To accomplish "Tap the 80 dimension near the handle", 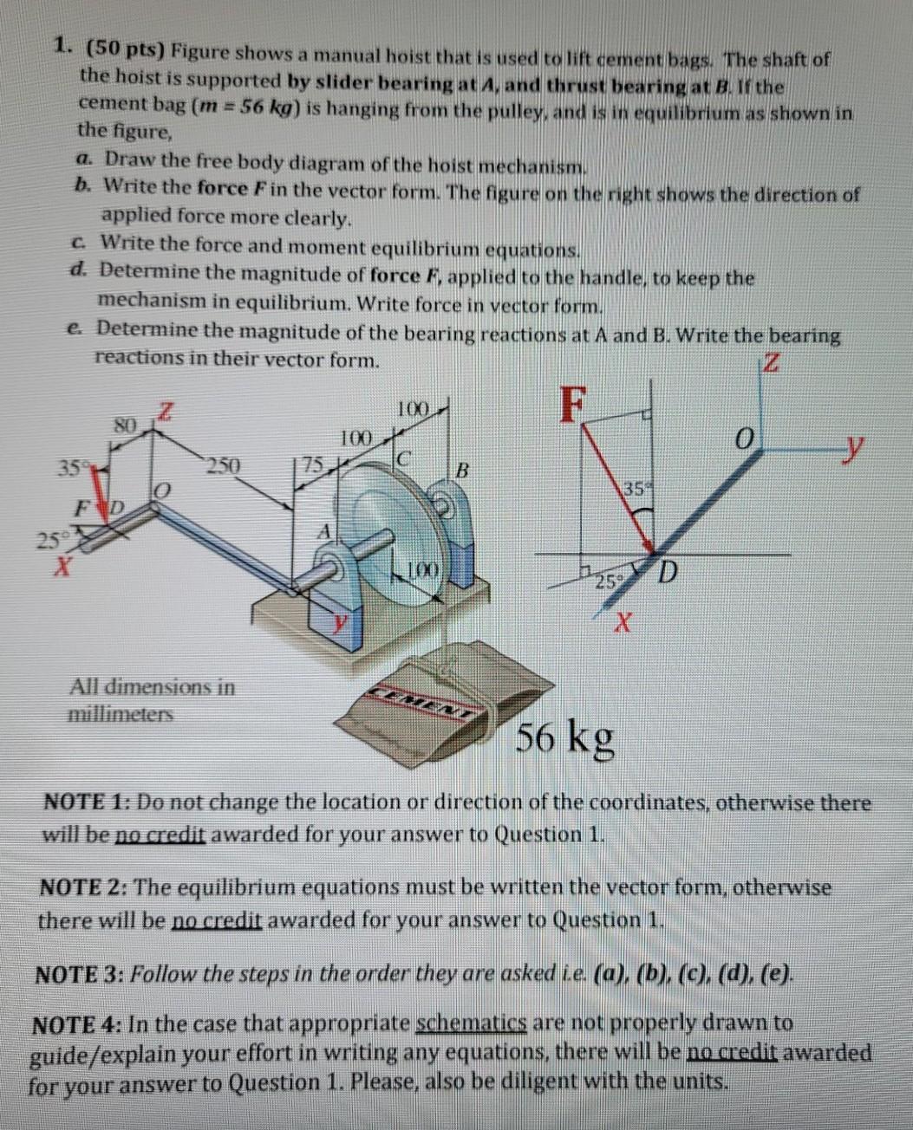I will point(127,425).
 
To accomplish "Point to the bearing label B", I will point(462,472).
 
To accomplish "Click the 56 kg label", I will point(566,737).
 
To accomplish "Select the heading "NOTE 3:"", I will point(79,974).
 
